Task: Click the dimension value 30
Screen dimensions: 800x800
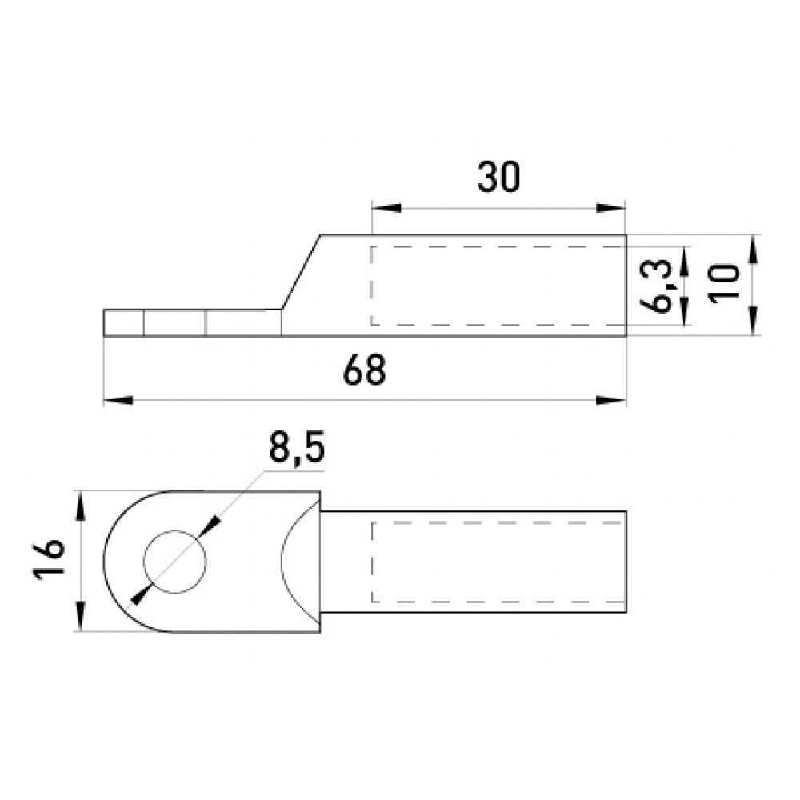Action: (498, 178)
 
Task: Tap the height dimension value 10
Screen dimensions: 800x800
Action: (724, 284)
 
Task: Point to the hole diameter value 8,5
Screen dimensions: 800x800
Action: (297, 448)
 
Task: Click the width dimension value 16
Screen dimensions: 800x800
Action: (49, 560)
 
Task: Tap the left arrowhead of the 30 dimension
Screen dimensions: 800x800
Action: (386, 208)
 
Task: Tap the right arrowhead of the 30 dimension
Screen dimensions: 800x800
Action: (611, 208)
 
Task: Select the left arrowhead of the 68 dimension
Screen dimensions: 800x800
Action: (118, 400)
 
